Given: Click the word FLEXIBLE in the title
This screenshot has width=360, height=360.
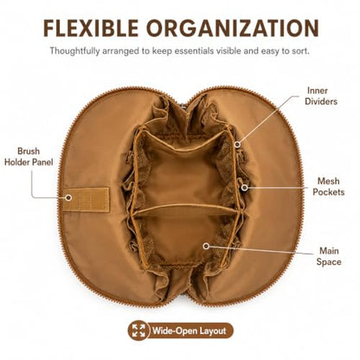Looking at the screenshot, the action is (91, 29).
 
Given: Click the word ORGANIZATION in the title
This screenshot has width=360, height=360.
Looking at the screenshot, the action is (233, 29).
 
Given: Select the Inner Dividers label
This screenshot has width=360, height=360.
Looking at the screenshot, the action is (321, 96).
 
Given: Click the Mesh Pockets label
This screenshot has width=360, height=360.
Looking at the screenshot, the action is (329, 186).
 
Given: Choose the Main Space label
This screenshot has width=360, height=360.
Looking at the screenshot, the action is (329, 256).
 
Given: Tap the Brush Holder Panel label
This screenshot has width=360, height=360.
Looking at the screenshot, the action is (29, 157).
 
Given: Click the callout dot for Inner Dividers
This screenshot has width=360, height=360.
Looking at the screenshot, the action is (237, 144).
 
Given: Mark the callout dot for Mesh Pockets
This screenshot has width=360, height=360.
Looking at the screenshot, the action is (245, 188).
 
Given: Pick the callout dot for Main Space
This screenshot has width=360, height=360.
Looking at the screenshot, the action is (206, 246).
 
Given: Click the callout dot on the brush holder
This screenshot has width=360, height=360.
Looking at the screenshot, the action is (68, 197).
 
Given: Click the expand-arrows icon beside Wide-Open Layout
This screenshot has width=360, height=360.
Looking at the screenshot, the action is (138, 331).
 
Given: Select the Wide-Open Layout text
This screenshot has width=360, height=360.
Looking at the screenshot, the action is (189, 331).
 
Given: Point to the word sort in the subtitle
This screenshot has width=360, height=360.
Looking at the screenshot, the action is (300, 51).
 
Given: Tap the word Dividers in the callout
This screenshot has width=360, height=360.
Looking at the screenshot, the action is (321, 101).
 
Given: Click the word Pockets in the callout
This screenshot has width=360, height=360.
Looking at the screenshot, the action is (329, 192).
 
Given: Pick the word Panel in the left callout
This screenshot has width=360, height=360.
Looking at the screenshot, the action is (42, 162).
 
